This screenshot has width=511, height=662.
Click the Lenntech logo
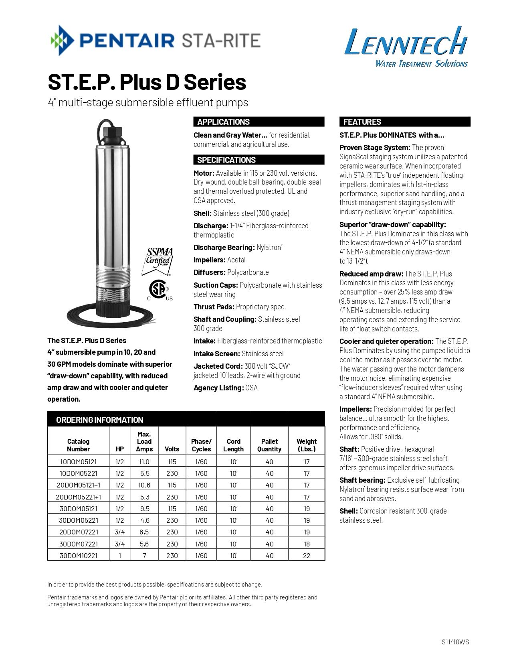click(406, 46)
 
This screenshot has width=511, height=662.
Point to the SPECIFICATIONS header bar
click(259, 160)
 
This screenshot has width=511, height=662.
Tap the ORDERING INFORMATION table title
click(99, 420)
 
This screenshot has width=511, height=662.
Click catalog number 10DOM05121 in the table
click(78, 462)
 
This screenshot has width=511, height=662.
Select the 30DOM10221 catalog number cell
click(78, 556)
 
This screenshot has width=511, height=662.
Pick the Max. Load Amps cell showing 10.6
click(144, 485)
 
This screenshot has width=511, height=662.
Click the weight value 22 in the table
click(307, 556)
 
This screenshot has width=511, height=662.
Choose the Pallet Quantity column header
click(269, 445)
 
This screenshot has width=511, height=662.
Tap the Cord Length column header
click(233, 445)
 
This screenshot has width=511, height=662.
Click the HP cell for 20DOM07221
click(119, 532)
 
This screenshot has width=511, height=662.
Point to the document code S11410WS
click(455, 642)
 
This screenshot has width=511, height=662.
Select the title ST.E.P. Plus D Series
click(147, 82)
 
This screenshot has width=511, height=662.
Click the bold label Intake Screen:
click(216, 354)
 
